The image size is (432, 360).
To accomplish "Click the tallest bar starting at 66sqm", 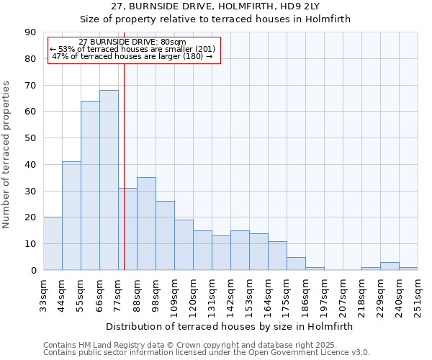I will (109, 180).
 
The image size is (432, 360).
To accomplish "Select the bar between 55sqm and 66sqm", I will (90, 185).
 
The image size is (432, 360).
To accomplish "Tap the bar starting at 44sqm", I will (71, 216).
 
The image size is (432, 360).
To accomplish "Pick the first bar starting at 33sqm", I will (53, 243).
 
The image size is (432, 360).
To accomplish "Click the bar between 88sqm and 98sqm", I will (146, 223).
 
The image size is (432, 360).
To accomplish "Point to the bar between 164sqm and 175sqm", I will (277, 256).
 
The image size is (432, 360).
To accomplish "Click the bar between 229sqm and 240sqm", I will (390, 266).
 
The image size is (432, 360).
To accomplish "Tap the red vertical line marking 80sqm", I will (124, 166).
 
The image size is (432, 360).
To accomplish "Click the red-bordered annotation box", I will (133, 50).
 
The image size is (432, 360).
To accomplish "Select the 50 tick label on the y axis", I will (30, 138).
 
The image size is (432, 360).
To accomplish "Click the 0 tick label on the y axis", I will (33, 271).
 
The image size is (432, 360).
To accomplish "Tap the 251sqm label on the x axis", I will (418, 294).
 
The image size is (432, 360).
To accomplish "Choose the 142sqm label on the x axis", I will (231, 294).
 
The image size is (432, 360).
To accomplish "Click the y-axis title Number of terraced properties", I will (7, 155).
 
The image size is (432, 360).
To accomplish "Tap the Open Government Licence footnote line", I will (206, 353).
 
